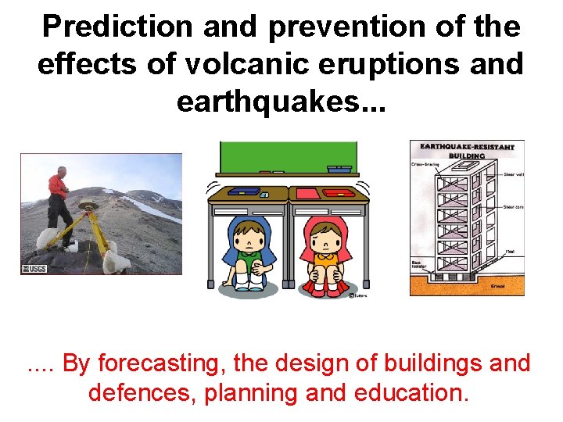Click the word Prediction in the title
(x=117, y=27)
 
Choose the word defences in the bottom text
(x=142, y=392)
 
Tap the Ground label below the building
(x=497, y=287)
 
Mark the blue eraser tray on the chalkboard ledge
(x=339, y=169)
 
